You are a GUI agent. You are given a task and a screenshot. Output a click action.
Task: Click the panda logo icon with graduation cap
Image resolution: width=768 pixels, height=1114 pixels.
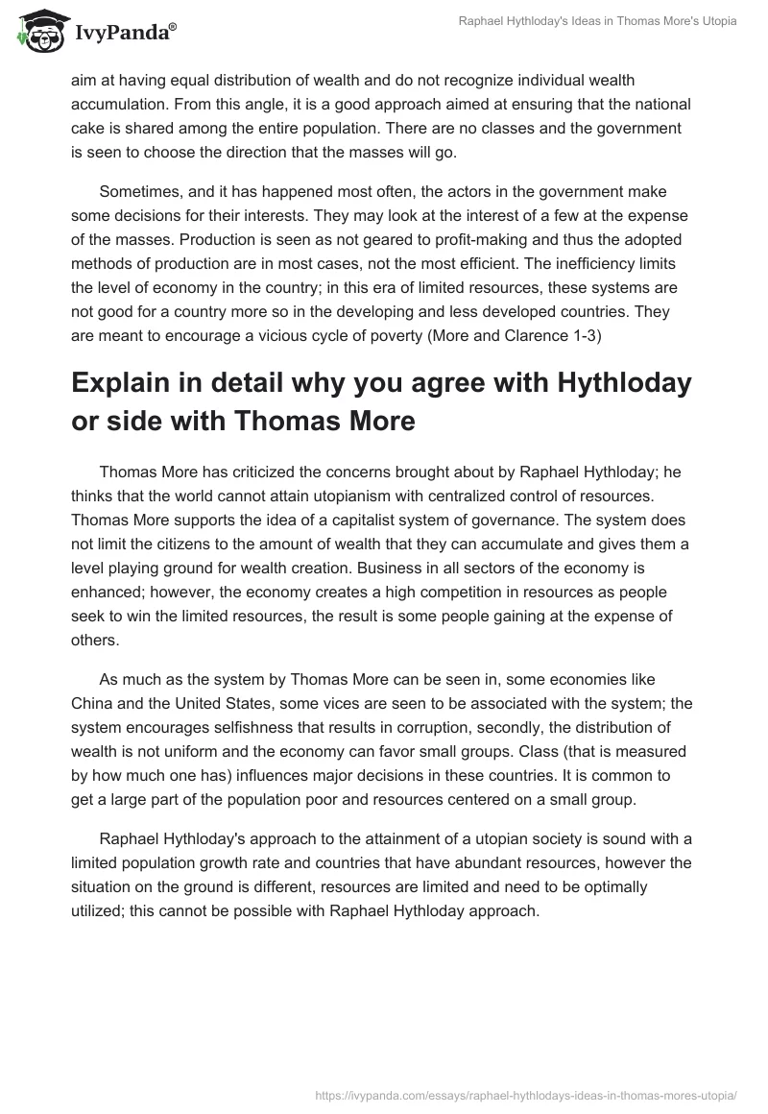[x=36, y=32]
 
